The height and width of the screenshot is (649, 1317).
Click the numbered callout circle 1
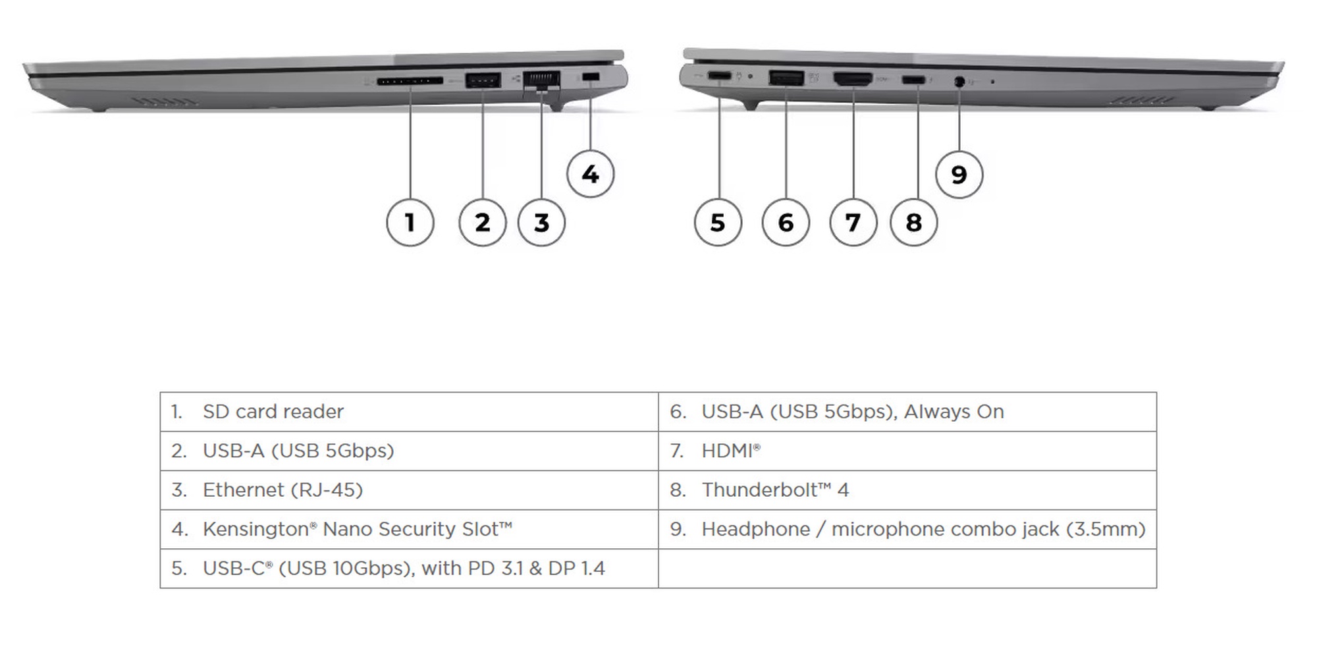[x=410, y=223]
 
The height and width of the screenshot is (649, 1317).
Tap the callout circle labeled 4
[x=590, y=175]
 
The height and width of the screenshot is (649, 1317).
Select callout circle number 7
[x=853, y=223]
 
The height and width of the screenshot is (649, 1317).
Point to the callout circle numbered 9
[x=959, y=175]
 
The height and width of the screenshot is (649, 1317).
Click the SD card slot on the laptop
[x=410, y=82]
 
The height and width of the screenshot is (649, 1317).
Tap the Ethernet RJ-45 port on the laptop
[x=541, y=81]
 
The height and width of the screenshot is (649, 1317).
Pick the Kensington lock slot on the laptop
[x=591, y=78]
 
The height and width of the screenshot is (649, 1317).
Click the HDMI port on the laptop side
[x=853, y=79]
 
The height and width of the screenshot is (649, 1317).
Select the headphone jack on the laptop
[x=959, y=82]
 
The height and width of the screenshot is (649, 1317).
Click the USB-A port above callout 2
[x=483, y=81]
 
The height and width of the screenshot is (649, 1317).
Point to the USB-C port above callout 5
[x=719, y=77]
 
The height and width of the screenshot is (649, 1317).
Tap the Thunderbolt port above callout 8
[x=913, y=80]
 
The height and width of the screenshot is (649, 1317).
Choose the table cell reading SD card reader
[x=273, y=412]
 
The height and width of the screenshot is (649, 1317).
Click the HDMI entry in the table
[x=727, y=451]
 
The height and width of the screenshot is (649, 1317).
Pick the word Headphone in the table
[x=755, y=529]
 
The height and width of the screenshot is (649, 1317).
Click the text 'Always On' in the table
[x=954, y=412]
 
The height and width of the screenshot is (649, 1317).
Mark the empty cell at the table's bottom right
[x=907, y=568]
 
